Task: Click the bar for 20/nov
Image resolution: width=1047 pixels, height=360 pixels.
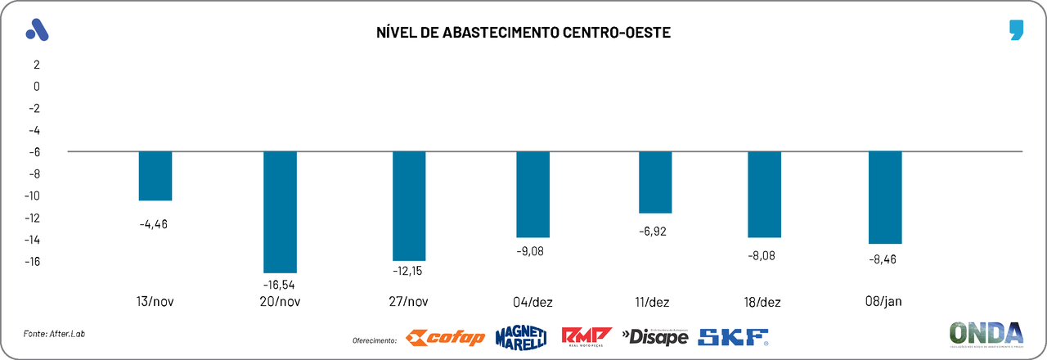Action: click(280, 212)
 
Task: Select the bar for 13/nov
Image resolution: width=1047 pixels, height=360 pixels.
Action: click(155, 176)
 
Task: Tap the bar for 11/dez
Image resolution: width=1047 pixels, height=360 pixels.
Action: click(655, 182)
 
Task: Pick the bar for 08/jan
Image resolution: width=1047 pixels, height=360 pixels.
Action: click(885, 198)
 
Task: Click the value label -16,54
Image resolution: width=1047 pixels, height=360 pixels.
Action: click(279, 284)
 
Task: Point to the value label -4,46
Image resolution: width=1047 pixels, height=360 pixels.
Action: click(154, 223)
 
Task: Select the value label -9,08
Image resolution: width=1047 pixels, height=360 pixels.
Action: click(530, 251)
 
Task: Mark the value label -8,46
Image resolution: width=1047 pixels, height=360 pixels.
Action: click(885, 261)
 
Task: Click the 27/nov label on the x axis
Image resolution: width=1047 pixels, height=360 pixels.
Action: click(409, 302)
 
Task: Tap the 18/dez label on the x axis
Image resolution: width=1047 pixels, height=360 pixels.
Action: click(764, 302)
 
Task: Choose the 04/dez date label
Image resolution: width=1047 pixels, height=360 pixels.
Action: click(533, 302)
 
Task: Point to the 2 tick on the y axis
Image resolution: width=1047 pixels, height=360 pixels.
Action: click(36, 64)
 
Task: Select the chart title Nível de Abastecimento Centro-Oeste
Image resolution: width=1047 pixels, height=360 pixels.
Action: click(523, 33)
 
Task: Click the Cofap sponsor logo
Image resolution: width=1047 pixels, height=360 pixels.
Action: click(445, 337)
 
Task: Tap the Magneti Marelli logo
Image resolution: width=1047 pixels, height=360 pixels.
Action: click(521, 336)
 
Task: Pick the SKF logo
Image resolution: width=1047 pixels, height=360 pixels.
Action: click(733, 336)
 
